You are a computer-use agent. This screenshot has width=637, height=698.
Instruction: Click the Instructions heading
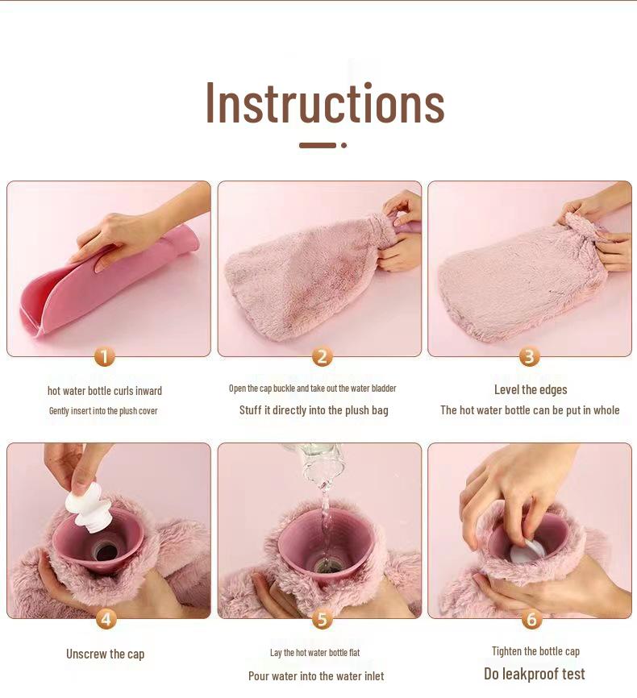[x=325, y=103]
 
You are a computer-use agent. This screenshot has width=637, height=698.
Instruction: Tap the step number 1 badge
[x=105, y=356]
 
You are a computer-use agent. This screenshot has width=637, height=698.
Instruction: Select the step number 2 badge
[x=322, y=356]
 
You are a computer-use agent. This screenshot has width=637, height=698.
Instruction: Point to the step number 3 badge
[x=529, y=356]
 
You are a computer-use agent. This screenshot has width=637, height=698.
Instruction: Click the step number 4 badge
[x=106, y=619]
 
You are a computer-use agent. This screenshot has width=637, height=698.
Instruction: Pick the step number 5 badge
[x=322, y=619]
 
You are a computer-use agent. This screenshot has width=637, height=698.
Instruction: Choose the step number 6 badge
[x=531, y=619]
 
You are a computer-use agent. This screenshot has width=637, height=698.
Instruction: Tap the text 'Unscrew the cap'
[x=105, y=654]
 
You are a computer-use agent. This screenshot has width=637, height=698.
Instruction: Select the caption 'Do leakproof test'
[x=534, y=674]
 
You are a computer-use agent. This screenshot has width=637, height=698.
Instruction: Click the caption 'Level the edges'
[x=531, y=389]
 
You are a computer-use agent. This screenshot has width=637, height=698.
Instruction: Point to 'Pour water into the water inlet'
[x=316, y=676]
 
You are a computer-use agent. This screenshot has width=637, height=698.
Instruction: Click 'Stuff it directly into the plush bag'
[x=314, y=410]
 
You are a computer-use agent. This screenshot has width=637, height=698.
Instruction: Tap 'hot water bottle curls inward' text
[x=105, y=391]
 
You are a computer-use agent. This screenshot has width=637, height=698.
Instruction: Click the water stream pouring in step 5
[x=324, y=508]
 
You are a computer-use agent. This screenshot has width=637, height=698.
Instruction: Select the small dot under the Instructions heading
[x=343, y=145]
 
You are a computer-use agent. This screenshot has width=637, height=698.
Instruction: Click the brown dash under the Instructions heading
[x=317, y=145]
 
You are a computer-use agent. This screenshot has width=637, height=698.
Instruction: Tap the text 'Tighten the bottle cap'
[x=535, y=651]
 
